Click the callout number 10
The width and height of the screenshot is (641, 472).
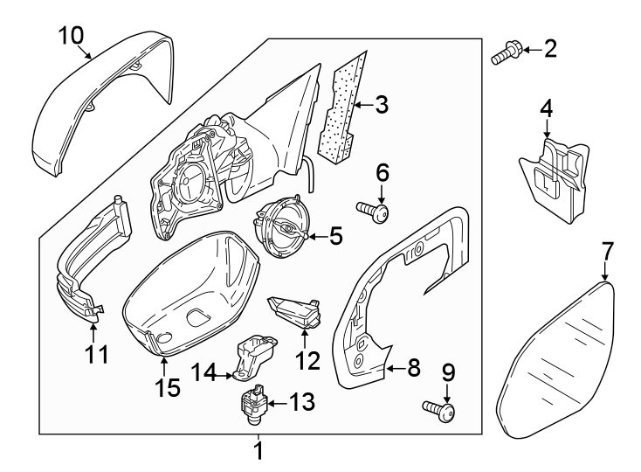tap(71, 35)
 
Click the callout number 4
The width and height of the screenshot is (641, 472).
tap(546, 108)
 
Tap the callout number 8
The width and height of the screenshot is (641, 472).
tap(414, 369)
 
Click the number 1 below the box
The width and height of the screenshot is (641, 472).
tap(258, 451)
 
